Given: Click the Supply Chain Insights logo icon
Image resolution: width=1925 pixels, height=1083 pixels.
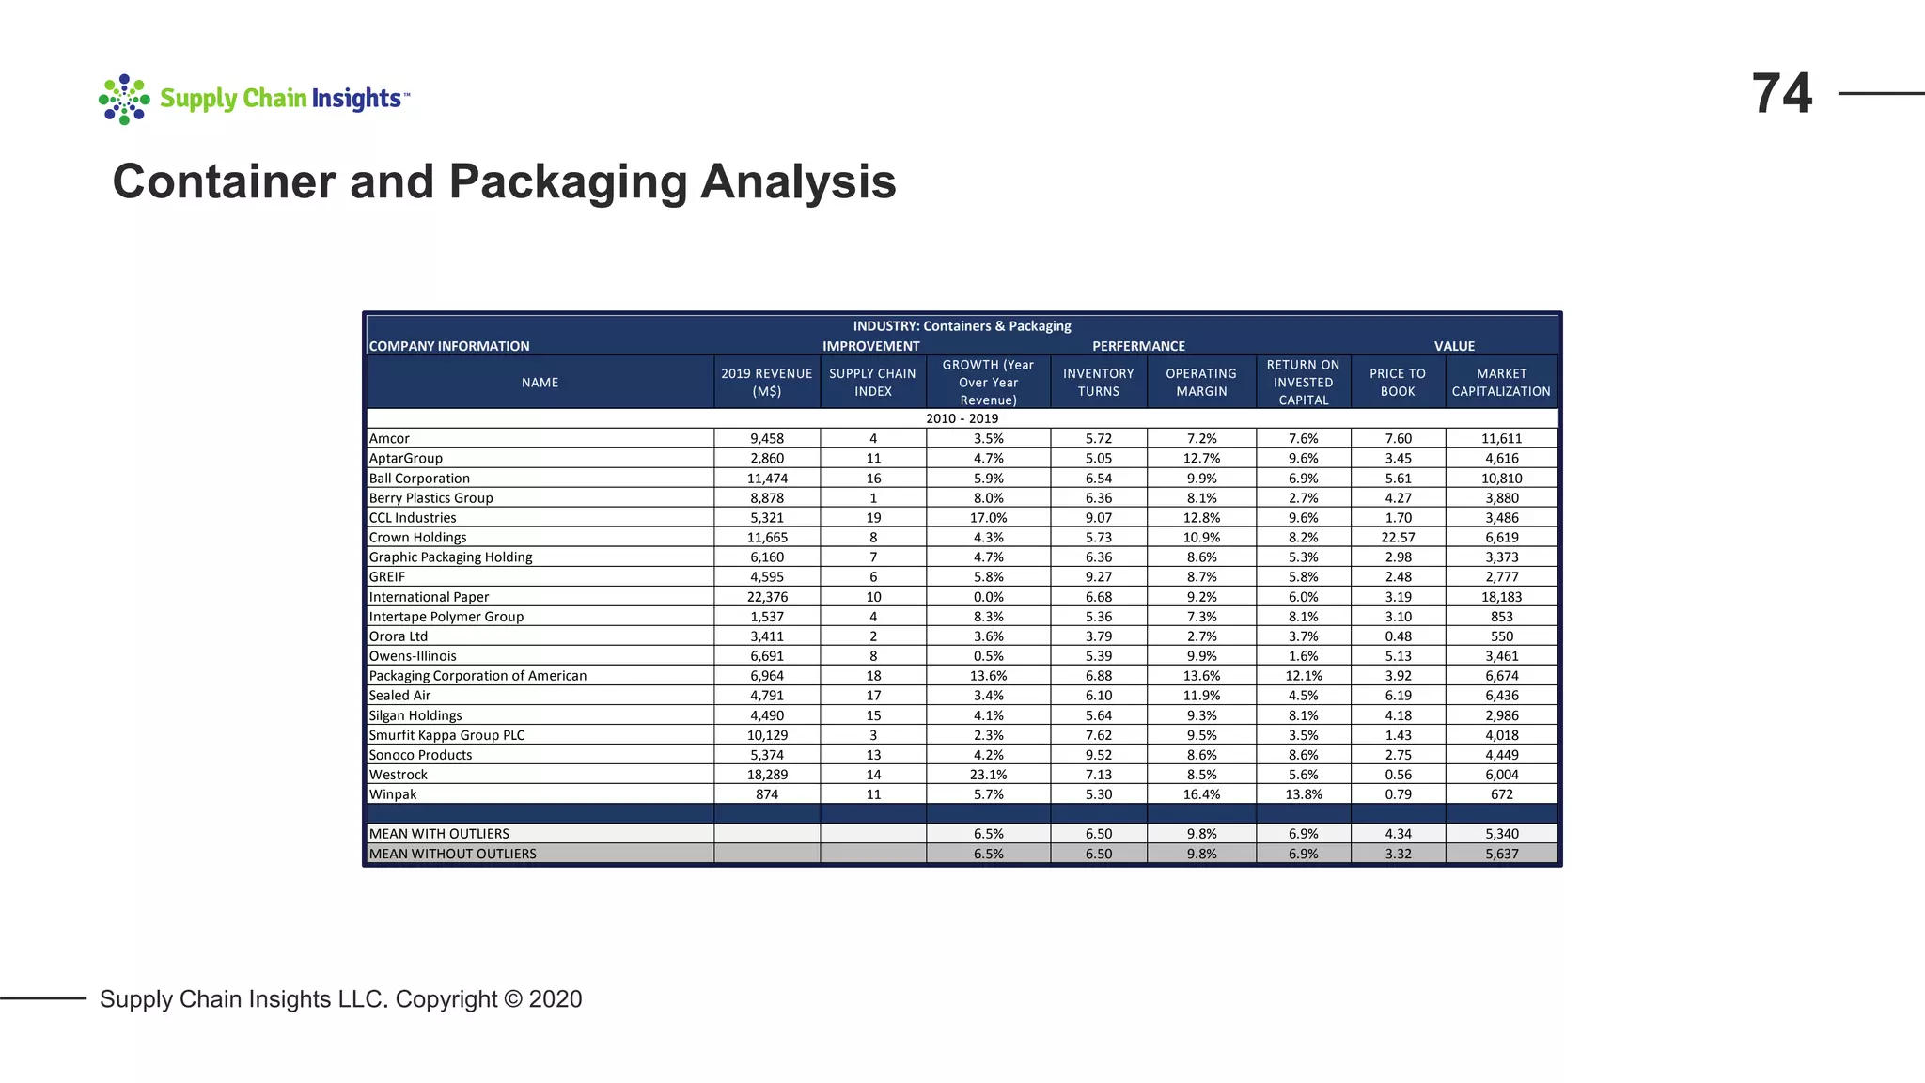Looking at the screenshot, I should (x=124, y=99).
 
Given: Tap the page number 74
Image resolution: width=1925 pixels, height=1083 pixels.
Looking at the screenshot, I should (x=1781, y=94).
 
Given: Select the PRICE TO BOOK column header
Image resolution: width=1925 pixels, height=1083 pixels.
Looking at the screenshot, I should (x=1398, y=383).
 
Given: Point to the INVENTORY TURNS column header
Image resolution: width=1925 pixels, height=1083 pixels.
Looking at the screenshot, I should (x=1098, y=383).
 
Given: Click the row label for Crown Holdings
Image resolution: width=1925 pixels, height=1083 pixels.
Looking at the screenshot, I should (x=417, y=538).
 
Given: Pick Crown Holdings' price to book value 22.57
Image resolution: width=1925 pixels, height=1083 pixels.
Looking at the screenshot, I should (x=1398, y=538).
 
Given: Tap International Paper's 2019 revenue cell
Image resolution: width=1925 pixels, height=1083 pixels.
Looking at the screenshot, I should (x=767, y=597).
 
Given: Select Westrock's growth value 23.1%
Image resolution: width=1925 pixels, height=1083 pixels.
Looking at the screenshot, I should (x=988, y=775).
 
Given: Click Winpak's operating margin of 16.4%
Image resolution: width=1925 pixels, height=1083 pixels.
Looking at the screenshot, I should (x=1201, y=794).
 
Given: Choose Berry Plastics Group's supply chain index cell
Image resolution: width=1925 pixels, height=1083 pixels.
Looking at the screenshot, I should (x=873, y=498).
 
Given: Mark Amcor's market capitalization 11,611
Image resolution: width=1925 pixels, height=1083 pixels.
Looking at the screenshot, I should (x=1501, y=439).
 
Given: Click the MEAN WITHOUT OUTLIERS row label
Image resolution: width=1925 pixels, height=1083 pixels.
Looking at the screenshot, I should (x=452, y=854).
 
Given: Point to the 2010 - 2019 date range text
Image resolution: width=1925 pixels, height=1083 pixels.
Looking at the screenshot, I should (x=962, y=418).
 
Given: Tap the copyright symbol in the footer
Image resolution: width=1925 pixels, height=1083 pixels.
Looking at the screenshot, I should (x=513, y=999).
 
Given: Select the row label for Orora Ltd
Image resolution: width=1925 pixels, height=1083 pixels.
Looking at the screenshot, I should (x=398, y=636).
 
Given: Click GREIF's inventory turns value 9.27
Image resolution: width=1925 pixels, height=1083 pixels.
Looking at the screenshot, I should (x=1098, y=577).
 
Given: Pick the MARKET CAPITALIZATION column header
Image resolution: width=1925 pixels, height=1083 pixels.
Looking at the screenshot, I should (x=1501, y=383).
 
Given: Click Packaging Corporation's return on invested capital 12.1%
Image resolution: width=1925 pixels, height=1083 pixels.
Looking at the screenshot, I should (x=1303, y=676).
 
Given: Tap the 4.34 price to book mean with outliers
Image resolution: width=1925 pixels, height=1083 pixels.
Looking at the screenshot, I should (x=1398, y=834).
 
